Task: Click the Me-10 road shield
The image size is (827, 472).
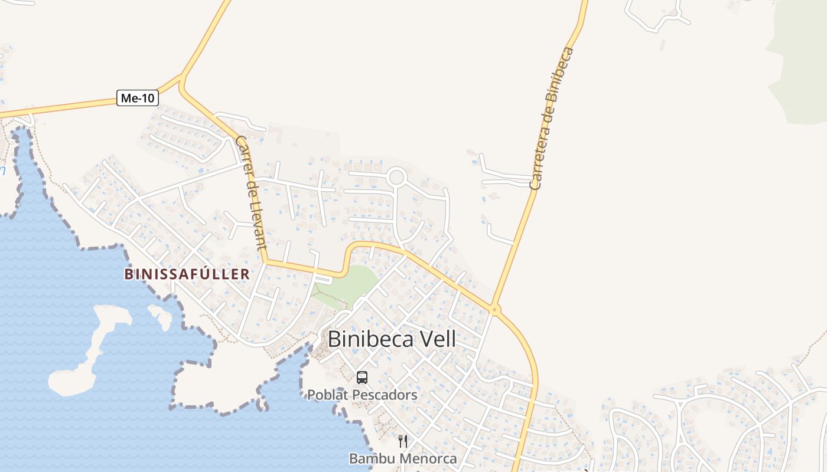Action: click(138, 98)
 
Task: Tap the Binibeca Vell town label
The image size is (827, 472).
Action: click(392, 339)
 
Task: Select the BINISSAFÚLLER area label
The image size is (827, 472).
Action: click(187, 274)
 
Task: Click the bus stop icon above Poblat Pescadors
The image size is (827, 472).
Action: click(362, 377)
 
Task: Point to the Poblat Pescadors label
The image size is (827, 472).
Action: click(362, 395)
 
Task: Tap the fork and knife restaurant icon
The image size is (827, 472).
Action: click(403, 441)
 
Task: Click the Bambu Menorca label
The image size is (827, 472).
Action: click(403, 458)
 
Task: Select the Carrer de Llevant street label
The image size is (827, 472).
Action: click(252, 192)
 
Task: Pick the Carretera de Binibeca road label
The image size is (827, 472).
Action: click(552, 118)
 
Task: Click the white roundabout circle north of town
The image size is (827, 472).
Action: click(397, 176)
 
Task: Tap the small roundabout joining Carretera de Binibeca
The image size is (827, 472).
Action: click(495, 309)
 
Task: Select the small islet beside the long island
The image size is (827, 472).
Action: click(161, 316)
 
